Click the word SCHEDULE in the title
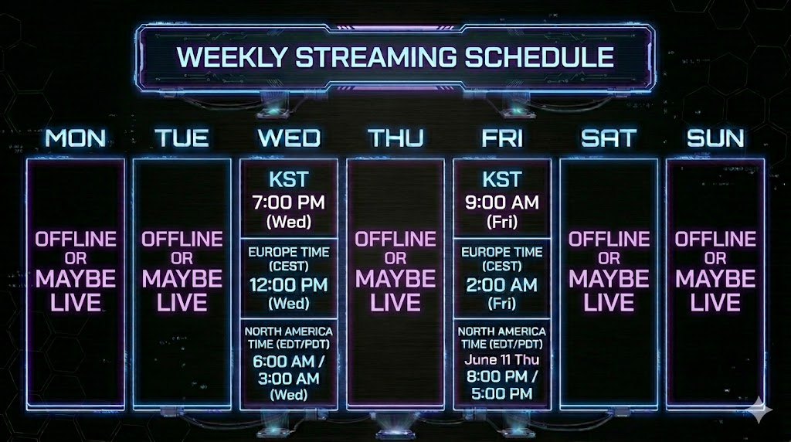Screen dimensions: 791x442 (539, 56)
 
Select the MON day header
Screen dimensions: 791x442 (76, 138)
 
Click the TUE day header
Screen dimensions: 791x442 (182, 138)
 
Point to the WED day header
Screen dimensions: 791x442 (289, 138)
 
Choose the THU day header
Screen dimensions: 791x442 (395, 138)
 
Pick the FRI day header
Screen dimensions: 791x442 (502, 138)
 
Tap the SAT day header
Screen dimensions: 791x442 (609, 138)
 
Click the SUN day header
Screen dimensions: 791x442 (715, 138)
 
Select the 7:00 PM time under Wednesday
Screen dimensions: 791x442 (289, 202)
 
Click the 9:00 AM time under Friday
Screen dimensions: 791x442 (502, 202)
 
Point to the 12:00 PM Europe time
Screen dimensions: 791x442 (289, 285)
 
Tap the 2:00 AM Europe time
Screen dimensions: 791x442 (502, 285)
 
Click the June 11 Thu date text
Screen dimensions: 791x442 (502, 360)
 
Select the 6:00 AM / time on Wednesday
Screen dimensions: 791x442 (289, 362)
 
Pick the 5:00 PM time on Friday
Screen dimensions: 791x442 (502, 393)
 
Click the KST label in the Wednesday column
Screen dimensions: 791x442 (289, 179)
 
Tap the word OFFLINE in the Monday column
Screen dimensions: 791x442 (76, 240)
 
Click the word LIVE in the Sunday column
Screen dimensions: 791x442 (715, 303)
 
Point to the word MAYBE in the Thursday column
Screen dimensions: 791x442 (395, 278)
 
